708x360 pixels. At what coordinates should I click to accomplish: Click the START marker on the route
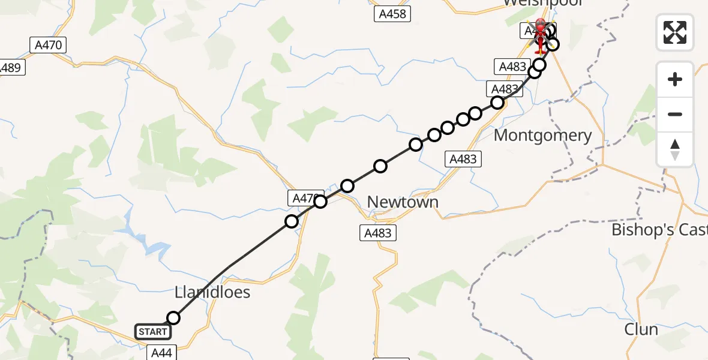tap(152, 332)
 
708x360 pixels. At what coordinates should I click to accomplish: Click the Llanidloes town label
tap(212, 293)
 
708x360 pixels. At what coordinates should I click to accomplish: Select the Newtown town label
tap(403, 202)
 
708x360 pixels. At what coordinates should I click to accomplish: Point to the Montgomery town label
tap(542, 136)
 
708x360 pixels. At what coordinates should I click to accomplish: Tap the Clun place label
tap(641, 329)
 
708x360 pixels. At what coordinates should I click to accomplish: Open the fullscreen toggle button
tap(675, 32)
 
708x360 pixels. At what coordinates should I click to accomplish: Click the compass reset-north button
tap(675, 149)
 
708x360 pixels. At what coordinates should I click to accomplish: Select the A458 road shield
tap(393, 14)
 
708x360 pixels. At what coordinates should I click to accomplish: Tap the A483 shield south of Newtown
tap(377, 233)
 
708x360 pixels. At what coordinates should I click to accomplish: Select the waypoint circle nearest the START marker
tap(173, 318)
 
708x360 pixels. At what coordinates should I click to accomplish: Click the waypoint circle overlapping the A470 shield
tap(320, 201)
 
